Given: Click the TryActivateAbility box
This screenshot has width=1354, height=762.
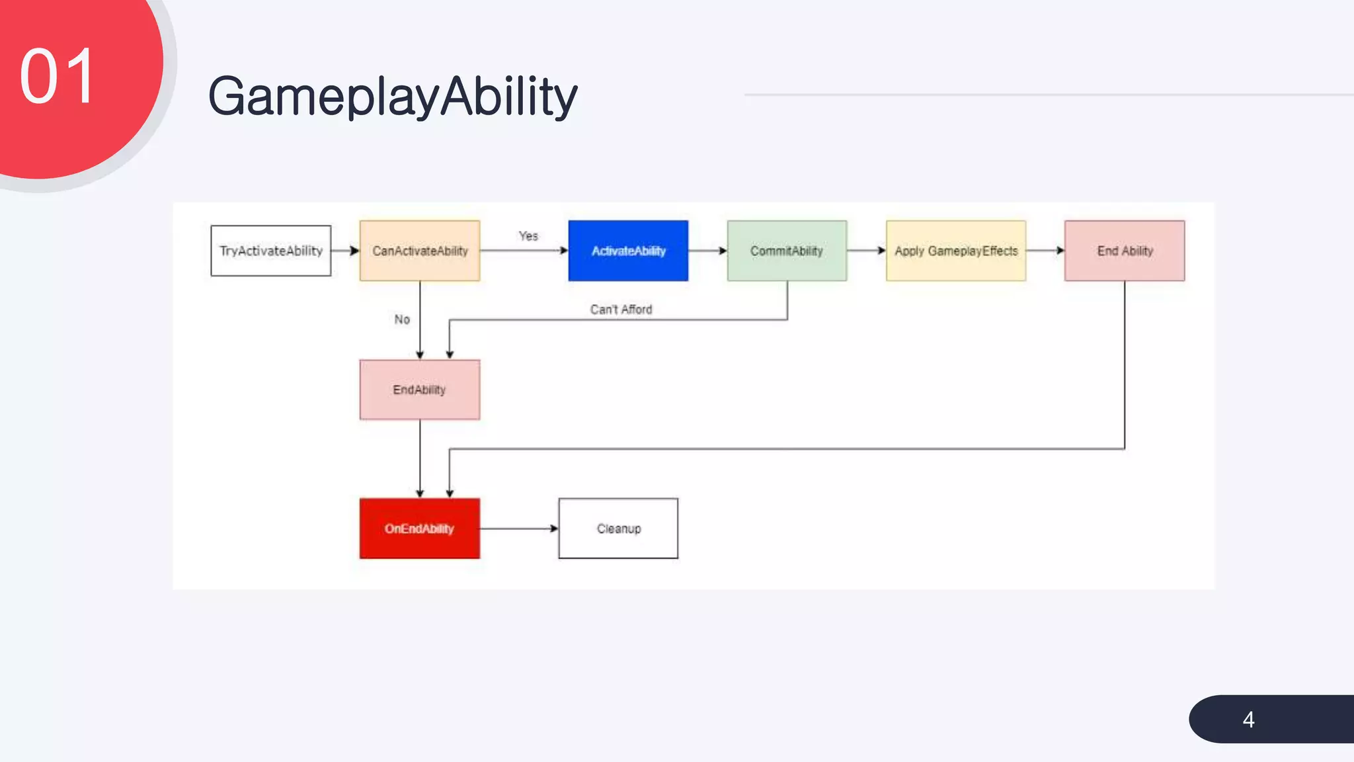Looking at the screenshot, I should [x=270, y=251].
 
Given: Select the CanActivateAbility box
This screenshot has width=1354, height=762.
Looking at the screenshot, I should [x=420, y=251].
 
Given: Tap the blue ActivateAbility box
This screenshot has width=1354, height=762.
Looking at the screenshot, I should [x=628, y=251].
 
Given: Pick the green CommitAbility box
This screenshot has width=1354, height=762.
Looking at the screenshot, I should [x=787, y=251].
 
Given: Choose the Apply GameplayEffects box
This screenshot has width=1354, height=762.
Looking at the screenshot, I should [x=956, y=251].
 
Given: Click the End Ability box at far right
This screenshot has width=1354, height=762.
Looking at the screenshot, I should [x=1125, y=251].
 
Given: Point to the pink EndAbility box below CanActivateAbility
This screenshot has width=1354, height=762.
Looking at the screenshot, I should [x=420, y=390].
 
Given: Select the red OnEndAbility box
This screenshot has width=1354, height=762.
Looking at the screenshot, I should [x=420, y=529].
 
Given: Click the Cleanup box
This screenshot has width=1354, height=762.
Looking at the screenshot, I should [x=618, y=529].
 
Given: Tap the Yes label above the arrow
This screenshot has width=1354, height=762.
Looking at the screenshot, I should [x=528, y=236].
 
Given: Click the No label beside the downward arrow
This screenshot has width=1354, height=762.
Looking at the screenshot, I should [x=402, y=319].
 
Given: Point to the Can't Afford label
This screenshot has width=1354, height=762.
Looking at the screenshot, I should [x=621, y=310].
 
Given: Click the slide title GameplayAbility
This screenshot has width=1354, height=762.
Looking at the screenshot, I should [x=393, y=97].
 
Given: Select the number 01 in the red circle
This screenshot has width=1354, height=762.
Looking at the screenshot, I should [x=58, y=77].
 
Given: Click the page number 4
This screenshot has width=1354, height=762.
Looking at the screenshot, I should [x=1248, y=720].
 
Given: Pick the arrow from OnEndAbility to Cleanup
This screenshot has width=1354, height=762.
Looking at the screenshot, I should [x=519, y=529].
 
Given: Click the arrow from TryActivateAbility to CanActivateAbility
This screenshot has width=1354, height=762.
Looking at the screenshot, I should [x=345, y=251].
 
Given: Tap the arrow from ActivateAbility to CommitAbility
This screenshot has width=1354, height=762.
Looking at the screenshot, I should [x=707, y=251].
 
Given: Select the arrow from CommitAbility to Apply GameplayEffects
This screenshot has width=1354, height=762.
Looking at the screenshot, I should [x=866, y=251].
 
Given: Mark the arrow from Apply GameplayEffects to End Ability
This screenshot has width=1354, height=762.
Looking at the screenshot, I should [x=1045, y=251].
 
